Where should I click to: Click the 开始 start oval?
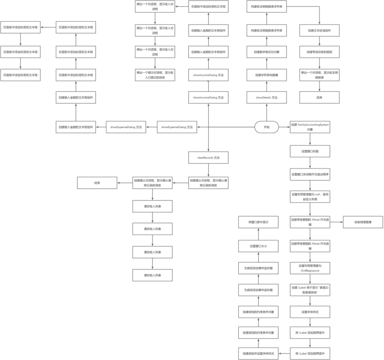pos(266,127)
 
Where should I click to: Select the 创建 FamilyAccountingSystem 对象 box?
pos(310,127)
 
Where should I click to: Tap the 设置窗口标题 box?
pos(310,151)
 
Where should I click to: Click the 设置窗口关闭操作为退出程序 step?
pos(310,174)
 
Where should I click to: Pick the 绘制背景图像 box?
pos(363,222)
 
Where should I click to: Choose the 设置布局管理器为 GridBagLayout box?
pos(310,268)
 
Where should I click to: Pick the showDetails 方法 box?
pos(267,97)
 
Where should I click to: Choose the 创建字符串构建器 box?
pos(267,75)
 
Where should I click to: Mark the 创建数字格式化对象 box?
pos(267,52)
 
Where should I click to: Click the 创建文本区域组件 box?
pos(320,30)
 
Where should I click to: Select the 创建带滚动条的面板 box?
pos(320,52)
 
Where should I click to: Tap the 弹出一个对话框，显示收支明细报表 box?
pos(320,75)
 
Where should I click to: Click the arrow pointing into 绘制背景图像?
pos(336,222)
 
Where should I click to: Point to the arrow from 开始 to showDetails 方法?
pos(267,111)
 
